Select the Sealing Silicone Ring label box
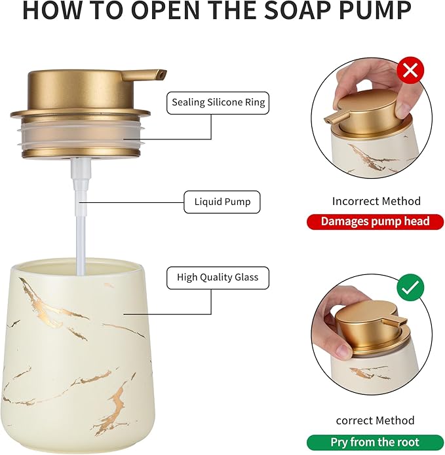(x=218, y=103)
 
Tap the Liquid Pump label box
(x=222, y=202)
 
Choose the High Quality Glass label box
(x=218, y=278)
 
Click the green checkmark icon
(x=411, y=287)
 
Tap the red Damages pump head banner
(x=376, y=222)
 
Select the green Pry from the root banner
(x=375, y=442)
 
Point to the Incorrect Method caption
(x=376, y=201)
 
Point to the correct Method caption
(x=376, y=420)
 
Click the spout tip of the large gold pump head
(x=162, y=75)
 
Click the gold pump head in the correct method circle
(x=364, y=321)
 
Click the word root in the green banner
(x=404, y=442)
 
